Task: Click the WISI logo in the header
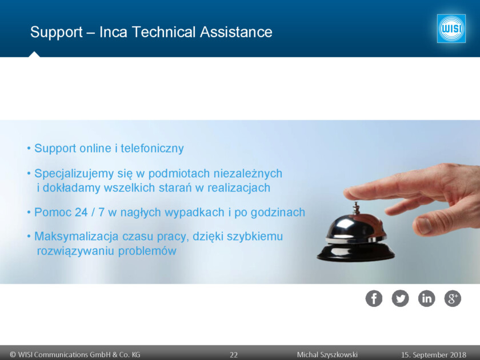click(x=451, y=29)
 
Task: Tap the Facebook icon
click(x=374, y=298)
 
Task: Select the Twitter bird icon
click(x=400, y=298)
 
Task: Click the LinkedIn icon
click(x=426, y=298)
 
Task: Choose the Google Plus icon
click(x=453, y=298)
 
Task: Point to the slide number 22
click(x=234, y=355)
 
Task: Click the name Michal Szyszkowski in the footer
click(x=327, y=355)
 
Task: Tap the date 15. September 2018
click(x=434, y=355)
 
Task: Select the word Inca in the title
click(x=113, y=32)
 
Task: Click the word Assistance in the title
click(x=236, y=32)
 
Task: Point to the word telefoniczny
click(x=152, y=148)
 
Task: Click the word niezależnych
click(x=247, y=173)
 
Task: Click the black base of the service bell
click(x=355, y=253)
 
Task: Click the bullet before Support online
click(x=29, y=149)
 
